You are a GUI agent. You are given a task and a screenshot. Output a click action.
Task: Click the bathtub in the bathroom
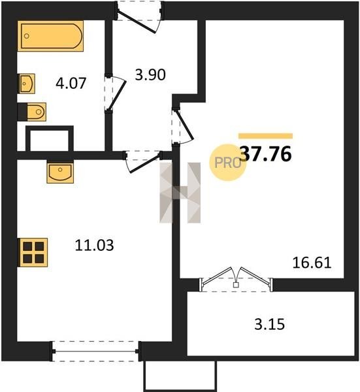(x=50, y=36)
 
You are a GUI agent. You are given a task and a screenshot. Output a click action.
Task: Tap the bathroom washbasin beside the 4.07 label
(x=26, y=84)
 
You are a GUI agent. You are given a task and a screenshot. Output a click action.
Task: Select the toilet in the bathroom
(x=32, y=112)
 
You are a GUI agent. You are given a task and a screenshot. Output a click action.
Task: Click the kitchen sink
(x=60, y=172)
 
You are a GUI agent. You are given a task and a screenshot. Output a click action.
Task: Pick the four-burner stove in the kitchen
(x=33, y=252)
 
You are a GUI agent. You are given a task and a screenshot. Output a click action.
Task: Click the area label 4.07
(x=71, y=83)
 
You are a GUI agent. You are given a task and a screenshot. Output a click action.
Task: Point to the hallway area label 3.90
(x=150, y=74)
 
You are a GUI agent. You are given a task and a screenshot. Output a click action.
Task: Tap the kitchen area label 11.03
(x=94, y=245)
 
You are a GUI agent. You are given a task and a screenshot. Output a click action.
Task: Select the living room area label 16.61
(x=312, y=263)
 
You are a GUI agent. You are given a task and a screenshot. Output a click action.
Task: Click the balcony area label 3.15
(x=269, y=325)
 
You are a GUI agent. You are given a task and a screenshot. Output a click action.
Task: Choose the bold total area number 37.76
(x=265, y=154)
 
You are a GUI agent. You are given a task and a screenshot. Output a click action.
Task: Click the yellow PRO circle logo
(x=227, y=163)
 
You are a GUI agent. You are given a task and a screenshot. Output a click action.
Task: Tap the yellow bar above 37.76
(x=265, y=136)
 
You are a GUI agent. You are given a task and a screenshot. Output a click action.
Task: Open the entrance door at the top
(x=139, y=16)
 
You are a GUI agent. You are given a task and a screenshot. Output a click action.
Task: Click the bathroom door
(x=114, y=93)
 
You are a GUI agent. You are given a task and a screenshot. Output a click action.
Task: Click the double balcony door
(x=236, y=280)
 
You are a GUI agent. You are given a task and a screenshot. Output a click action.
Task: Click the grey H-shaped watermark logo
(x=180, y=193)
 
